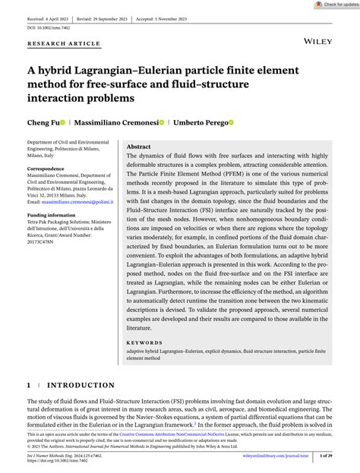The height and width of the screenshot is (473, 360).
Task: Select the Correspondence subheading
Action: point(46,168)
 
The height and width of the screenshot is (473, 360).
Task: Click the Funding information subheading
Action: point(52,215)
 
